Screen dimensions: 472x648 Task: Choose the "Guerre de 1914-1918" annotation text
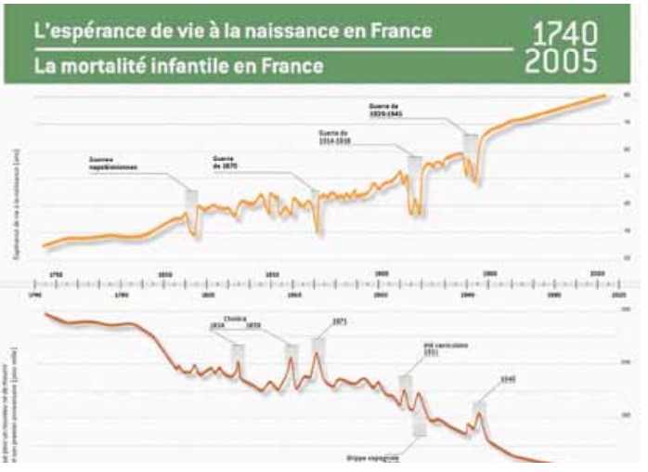[338, 137]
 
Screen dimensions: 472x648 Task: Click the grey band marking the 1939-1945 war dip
[471, 149]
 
